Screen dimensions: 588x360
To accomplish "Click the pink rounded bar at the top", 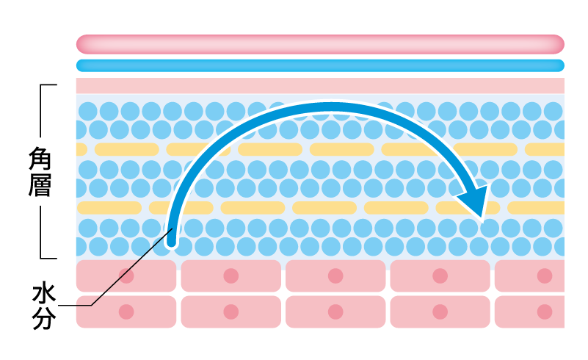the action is [x=320, y=44].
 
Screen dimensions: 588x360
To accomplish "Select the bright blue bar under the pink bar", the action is [x=320, y=65].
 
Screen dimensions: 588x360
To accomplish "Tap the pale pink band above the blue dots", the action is [x=320, y=85].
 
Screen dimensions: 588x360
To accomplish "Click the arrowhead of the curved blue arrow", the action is [x=474, y=200].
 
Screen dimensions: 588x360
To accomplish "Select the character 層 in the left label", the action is [x=40, y=184].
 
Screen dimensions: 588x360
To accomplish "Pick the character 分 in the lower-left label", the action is [x=44, y=318].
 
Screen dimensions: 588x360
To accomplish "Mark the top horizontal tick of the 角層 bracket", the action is [x=48, y=85].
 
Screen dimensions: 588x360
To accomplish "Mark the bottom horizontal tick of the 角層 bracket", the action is [x=48, y=259].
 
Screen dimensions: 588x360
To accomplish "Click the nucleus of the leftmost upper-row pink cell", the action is [x=126, y=276].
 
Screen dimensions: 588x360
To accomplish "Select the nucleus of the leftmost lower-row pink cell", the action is [x=126, y=312].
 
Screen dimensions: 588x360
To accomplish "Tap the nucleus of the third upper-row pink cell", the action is [x=335, y=276].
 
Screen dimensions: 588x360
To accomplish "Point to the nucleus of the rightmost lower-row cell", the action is [x=545, y=312].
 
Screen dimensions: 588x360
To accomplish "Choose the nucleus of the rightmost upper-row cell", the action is [x=545, y=276].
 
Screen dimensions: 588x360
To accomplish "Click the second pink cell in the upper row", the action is [x=231, y=276].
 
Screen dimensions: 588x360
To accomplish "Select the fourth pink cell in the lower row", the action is [x=440, y=312].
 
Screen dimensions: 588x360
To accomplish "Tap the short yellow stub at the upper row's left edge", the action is [x=81, y=149].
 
